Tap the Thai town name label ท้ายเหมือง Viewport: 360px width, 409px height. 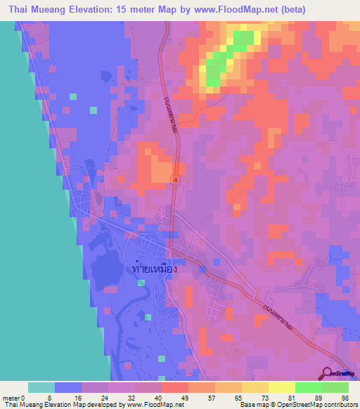(154, 268)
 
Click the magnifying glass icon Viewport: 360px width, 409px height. (328, 373)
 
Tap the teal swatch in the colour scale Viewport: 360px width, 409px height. (41, 387)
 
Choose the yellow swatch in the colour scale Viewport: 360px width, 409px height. (281, 387)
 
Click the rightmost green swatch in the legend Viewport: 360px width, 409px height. (335, 387)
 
